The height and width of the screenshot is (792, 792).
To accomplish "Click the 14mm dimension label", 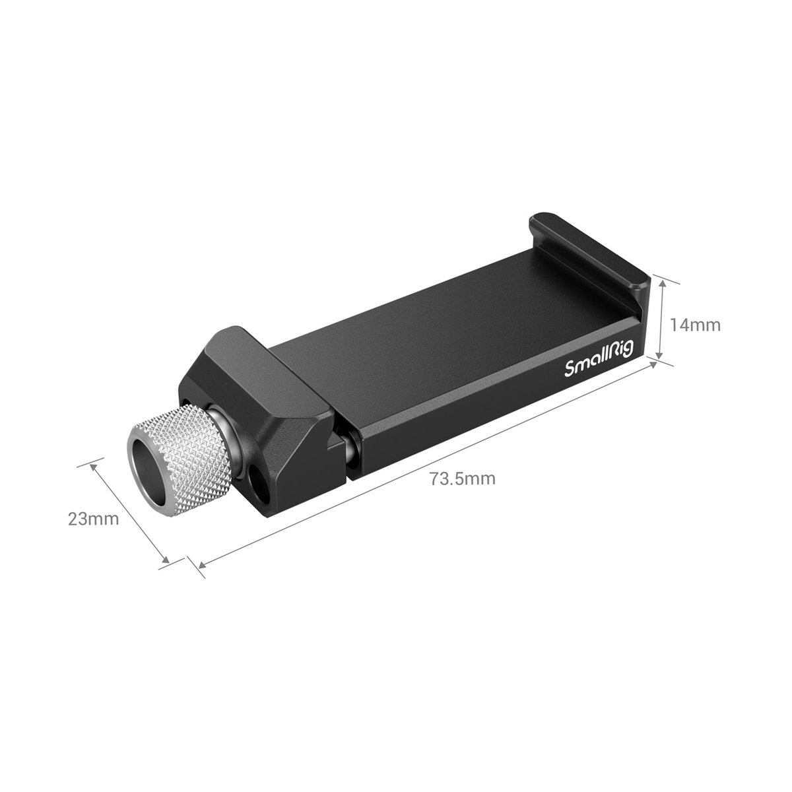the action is (x=695, y=325).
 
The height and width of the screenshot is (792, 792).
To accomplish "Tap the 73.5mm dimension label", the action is (x=463, y=478).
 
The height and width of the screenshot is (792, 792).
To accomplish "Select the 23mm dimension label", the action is (x=93, y=519).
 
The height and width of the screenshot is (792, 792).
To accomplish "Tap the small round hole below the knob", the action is (x=257, y=480).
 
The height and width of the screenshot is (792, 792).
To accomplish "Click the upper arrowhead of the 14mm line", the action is (x=662, y=284).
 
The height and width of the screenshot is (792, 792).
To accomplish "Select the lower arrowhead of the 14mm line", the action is (x=659, y=354).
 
